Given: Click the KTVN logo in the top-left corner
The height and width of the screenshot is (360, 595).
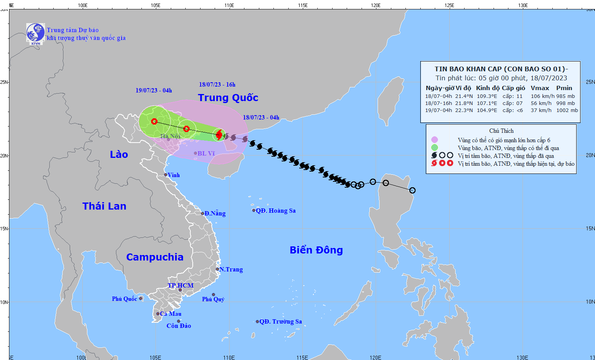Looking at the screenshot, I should pos(35,33).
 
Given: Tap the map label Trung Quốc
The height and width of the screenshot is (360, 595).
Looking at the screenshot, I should pos(228,98).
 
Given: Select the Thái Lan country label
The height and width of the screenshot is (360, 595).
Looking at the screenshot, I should pos(104,206).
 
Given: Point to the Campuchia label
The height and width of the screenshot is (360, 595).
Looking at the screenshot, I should pos(155,257).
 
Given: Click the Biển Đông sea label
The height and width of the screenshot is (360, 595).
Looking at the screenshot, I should pos(316,250).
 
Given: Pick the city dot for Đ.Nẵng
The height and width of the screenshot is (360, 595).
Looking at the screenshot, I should pos(203,213).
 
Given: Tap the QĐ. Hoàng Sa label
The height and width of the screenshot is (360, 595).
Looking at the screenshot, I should pos(275,211).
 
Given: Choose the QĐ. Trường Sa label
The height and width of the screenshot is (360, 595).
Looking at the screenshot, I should pos(280,322).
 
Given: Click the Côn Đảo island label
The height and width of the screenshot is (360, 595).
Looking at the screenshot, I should pos(179,326).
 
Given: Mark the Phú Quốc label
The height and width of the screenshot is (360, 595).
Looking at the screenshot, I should pos(124,299).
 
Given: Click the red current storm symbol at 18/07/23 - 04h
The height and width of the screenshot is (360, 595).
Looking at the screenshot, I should pos(219,135).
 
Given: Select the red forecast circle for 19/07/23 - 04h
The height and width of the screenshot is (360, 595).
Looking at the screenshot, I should pos(154,121).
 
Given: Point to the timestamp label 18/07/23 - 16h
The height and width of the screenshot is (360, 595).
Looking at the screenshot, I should pos(217,85).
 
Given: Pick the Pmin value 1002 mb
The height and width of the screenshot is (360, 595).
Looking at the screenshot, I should pos(567,110).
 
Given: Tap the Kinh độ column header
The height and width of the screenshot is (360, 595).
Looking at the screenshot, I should pos(487,88).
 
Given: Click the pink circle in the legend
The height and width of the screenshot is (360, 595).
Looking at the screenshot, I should pos(434,140).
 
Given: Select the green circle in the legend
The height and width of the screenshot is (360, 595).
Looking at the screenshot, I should pos(434,148).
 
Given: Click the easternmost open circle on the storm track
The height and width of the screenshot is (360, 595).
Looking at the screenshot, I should pos(412,190).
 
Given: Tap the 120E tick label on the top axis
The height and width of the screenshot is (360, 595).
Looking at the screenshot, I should pos(376,5).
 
